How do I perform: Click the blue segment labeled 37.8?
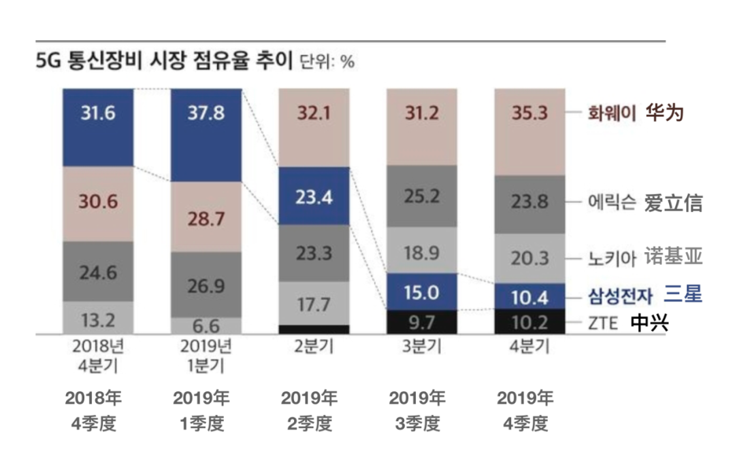[x=206, y=135]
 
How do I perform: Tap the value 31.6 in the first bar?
[x=97, y=112]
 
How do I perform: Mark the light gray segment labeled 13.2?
[x=97, y=318]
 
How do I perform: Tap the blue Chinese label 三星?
[x=683, y=295]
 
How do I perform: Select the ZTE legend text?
[x=603, y=323]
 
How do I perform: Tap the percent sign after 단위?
[x=347, y=63]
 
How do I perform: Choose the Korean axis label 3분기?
[x=422, y=347]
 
